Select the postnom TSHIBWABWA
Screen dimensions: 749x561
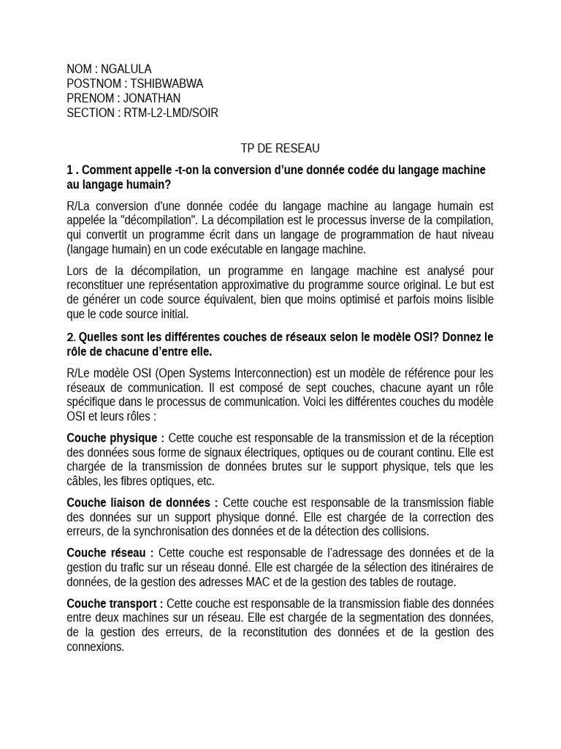[x=167, y=84]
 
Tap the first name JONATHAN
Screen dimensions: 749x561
[x=152, y=98]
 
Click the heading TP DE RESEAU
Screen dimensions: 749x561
[x=280, y=148]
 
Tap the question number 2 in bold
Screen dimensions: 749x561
[x=70, y=337]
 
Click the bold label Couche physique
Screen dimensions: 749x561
[x=112, y=437]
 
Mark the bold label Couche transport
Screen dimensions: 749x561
[x=112, y=603]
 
